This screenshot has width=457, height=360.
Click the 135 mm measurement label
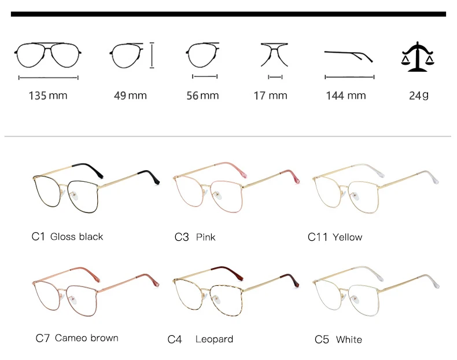pyautogui.click(x=48, y=95)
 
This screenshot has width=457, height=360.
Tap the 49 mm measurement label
pyautogui.click(x=130, y=95)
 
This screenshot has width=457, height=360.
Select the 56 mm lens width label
pyautogui.click(x=202, y=95)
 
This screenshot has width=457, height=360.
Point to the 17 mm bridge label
pyautogui.click(x=270, y=95)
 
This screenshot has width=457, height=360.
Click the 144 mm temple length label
pyautogui.click(x=346, y=95)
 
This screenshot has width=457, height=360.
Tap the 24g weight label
pyautogui.click(x=418, y=95)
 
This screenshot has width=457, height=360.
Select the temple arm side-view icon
pyautogui.click(x=348, y=56)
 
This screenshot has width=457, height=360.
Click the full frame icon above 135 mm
pyautogui.click(x=49, y=55)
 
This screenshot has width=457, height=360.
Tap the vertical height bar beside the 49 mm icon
pyautogui.click(x=152, y=55)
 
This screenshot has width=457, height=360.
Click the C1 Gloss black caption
pyautogui.click(x=67, y=236)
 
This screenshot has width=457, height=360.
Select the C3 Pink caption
pyautogui.click(x=195, y=237)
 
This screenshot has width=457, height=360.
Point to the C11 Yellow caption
pyautogui.click(x=335, y=237)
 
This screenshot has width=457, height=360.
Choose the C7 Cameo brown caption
pyautogui.click(x=77, y=338)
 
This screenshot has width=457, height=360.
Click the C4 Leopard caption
pyautogui.click(x=200, y=339)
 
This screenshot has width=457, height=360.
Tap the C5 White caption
pyautogui.click(x=338, y=339)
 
